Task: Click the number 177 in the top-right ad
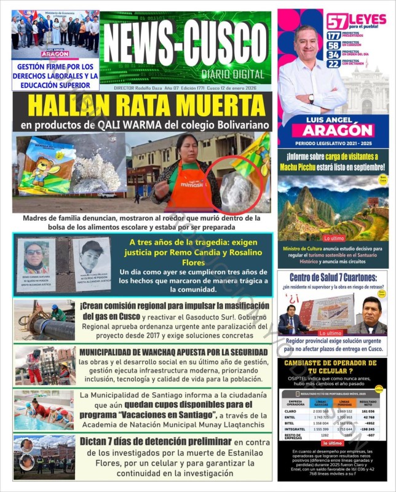click(x=333, y=36)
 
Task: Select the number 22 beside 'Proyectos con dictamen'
click(x=333, y=63)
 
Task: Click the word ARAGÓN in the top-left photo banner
click(x=55, y=54)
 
